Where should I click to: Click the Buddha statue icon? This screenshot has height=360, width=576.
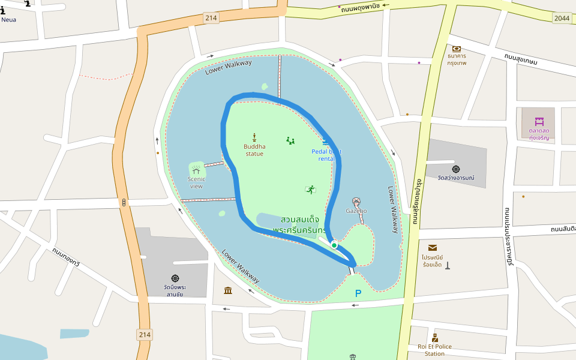tap(254, 137)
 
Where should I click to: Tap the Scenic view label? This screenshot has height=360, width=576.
tap(196, 182)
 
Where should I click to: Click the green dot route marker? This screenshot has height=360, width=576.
tap(334, 245)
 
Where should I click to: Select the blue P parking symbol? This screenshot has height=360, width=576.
tap(358, 294)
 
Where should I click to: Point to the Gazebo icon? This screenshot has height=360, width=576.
tap(356, 202)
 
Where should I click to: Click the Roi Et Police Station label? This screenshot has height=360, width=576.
tap(434, 350)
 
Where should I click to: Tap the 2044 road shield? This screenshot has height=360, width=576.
tap(562, 19)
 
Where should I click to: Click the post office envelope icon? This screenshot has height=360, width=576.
tap(433, 247)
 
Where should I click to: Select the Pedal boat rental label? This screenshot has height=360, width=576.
tap(326, 155)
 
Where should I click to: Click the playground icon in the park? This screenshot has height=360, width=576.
tap(290, 141)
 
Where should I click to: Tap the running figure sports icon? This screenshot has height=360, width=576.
tap(310, 190)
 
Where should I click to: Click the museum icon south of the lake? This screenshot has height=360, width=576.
tap(228, 291)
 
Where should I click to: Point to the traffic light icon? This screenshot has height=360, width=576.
tap(124, 203)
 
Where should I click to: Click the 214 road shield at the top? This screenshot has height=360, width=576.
tap(211, 18)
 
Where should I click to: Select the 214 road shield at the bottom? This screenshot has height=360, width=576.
tap(145, 334)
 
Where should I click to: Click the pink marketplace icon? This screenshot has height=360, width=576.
tap(539, 122)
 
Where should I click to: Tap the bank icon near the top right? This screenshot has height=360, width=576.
tap(457, 49)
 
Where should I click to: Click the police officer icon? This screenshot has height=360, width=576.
tap(435, 338)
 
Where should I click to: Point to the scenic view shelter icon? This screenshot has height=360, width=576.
tap(196, 170)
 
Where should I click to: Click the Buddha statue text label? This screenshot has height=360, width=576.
tap(254, 150)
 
